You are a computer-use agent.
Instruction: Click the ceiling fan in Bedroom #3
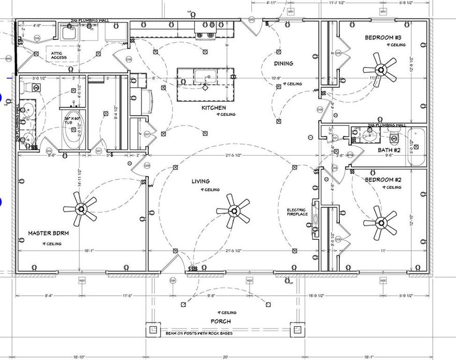[x=380, y=70]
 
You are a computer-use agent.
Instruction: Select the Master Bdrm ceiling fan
[x=80, y=209]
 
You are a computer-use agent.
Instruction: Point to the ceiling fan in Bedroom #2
[x=380, y=222]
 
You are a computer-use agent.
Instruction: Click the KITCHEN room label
[x=213, y=108]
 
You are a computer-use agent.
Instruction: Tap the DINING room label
[x=283, y=64]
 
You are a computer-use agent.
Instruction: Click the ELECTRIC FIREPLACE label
[x=297, y=212]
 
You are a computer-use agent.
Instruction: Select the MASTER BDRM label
[x=48, y=233]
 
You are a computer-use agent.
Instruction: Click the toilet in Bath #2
[x=394, y=138]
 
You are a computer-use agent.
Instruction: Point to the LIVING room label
[x=201, y=181]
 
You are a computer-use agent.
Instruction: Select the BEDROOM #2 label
[x=382, y=179]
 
